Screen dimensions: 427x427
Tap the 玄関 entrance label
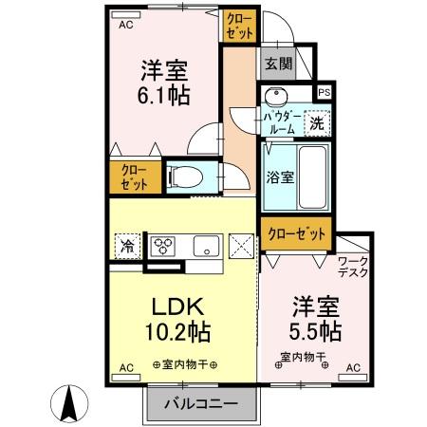coord(278,65)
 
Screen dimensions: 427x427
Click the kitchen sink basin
coord(203,246)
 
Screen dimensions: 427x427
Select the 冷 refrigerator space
coord(127,246)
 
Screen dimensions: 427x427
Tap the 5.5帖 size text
coord(317,333)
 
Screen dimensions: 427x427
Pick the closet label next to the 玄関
coord(238,25)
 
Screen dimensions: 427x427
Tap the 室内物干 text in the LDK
coord(185,365)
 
